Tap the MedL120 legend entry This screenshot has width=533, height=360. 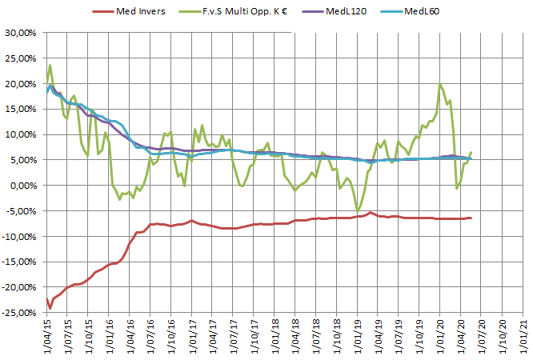coord(346,11)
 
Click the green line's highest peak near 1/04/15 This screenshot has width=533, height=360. coord(50,66)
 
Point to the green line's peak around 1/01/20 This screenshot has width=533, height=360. coord(440,84)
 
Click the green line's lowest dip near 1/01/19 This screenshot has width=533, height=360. coord(358,210)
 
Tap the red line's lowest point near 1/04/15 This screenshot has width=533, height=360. coord(50,308)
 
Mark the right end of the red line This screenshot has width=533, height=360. coord(471,218)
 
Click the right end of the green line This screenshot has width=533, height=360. coord(471,152)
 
